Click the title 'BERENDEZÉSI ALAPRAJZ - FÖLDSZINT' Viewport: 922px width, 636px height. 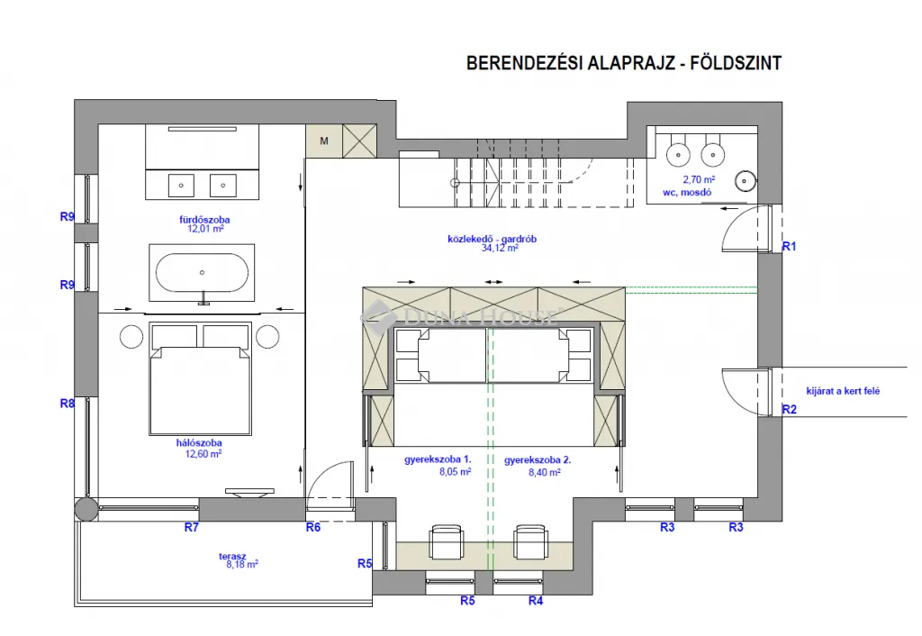[x=623, y=63]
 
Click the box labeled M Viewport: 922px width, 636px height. [x=324, y=141]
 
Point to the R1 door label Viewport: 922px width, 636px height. [x=790, y=246]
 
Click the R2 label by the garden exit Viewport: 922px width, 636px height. [x=790, y=410]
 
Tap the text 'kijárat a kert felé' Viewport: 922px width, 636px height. [x=843, y=391]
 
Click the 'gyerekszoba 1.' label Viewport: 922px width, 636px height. [x=438, y=459]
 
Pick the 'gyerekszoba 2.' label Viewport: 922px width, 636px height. [x=538, y=459]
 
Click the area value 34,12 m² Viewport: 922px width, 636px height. [x=500, y=248]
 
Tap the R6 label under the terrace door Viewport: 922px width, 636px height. [x=312, y=528]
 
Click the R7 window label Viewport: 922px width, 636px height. [x=191, y=528]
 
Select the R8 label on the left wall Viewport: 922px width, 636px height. [x=67, y=404]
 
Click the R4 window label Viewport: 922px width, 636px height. [x=536, y=601]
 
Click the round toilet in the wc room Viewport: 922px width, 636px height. [x=745, y=182]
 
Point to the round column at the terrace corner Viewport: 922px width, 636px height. [x=86, y=509]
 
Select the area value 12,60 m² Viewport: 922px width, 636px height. [x=200, y=454]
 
